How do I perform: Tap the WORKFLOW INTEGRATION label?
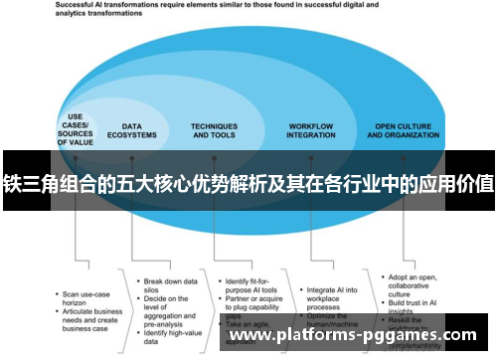point(310,130)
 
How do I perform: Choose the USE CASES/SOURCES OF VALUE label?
point(76,130)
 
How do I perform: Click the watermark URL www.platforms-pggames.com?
point(353,336)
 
